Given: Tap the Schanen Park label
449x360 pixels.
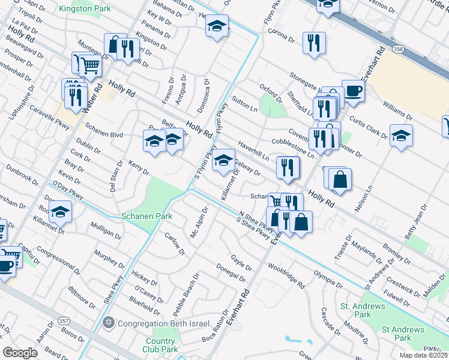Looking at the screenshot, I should pos(147,216).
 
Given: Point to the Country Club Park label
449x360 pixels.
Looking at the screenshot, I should pos(160,345).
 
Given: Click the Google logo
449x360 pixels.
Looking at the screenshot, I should pos(20,353).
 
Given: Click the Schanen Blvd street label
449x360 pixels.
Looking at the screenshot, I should pos(104,135).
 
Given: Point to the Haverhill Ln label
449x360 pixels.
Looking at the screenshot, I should pos(253,148).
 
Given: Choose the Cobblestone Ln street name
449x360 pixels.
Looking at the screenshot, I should pos(293,148).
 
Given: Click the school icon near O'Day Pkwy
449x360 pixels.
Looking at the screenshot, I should pos(61,211).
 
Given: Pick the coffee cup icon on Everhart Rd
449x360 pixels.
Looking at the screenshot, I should pos(353,91).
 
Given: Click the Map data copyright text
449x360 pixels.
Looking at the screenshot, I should pos(424,355).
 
